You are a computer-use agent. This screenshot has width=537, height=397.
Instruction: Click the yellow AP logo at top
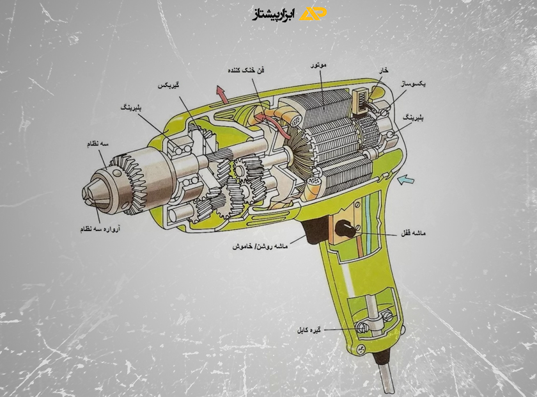coord(313,14)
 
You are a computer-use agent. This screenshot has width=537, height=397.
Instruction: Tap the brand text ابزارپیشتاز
coord(274,15)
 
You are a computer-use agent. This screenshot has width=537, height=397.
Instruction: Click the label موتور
coord(318,65)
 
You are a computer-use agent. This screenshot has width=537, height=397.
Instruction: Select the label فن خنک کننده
coord(246,70)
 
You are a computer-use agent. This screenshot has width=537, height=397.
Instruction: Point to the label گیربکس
coord(169,85)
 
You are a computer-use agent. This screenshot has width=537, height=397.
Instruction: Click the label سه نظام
coord(98,144)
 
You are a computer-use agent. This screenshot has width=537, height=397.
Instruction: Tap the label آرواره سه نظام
coord(100,229)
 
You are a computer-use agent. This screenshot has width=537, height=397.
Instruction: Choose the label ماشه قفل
coord(414,233)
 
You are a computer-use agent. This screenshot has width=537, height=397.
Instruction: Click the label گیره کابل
coord(309,330)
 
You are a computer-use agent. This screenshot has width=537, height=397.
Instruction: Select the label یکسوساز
coord(414,83)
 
